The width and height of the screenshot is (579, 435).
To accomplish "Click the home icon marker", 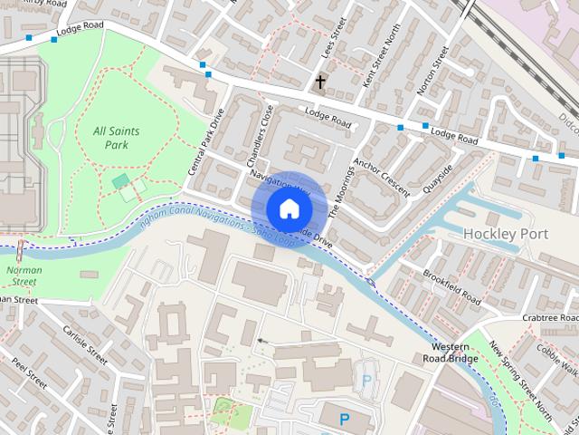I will [289, 208].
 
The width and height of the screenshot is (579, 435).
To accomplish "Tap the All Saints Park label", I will [117, 138].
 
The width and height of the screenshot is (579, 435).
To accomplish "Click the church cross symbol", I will [319, 82].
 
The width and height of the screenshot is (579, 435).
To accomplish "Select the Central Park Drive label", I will [204, 142].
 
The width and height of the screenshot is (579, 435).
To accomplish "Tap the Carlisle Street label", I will [85, 346].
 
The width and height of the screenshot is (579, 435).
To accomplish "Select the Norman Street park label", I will [22, 275].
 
